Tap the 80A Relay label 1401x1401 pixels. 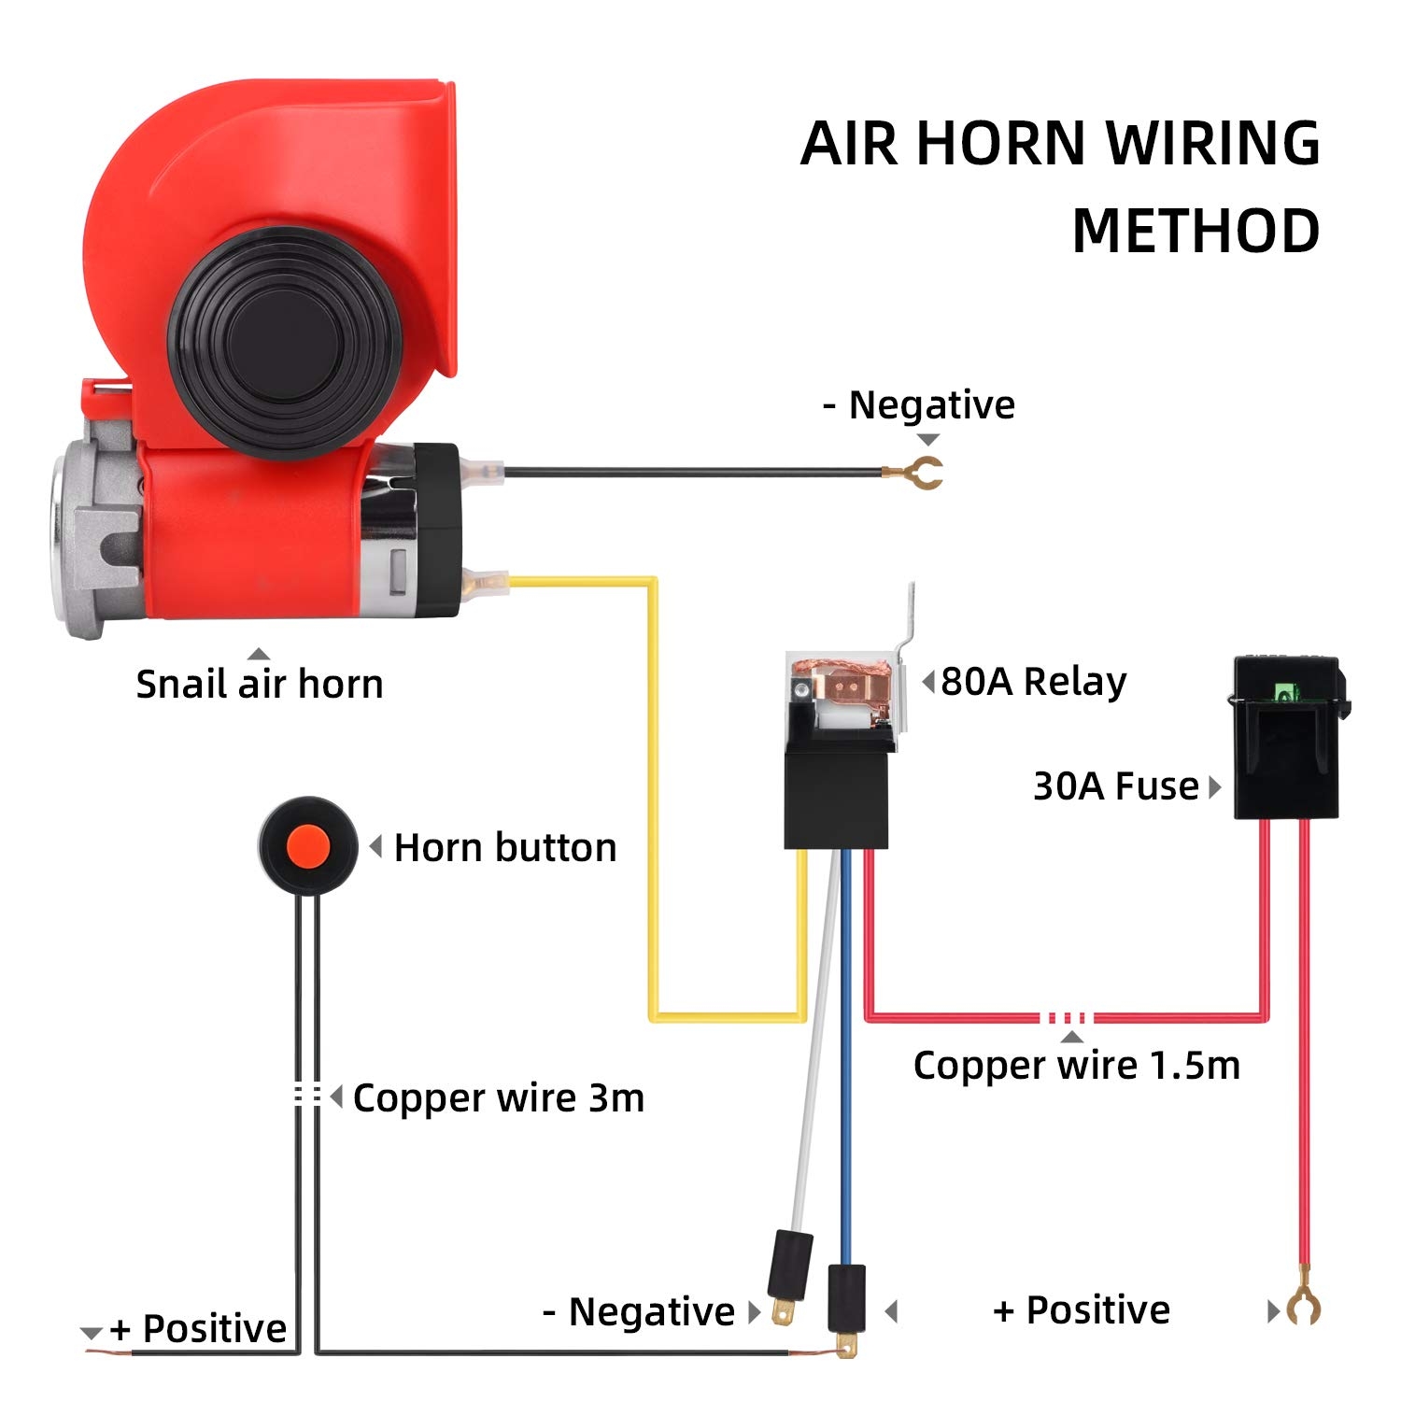coord(1033,681)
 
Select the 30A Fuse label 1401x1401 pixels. coord(1115,786)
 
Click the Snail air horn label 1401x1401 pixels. coord(260,684)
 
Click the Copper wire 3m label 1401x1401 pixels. coord(499,1097)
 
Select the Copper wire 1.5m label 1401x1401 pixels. coord(1076,1065)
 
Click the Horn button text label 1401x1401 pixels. coord(505,848)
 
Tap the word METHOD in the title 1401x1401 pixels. coord(1196,231)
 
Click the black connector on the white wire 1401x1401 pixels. coord(788,1261)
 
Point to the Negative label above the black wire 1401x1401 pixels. coord(919,405)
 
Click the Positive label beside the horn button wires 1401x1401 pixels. coord(198,1328)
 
